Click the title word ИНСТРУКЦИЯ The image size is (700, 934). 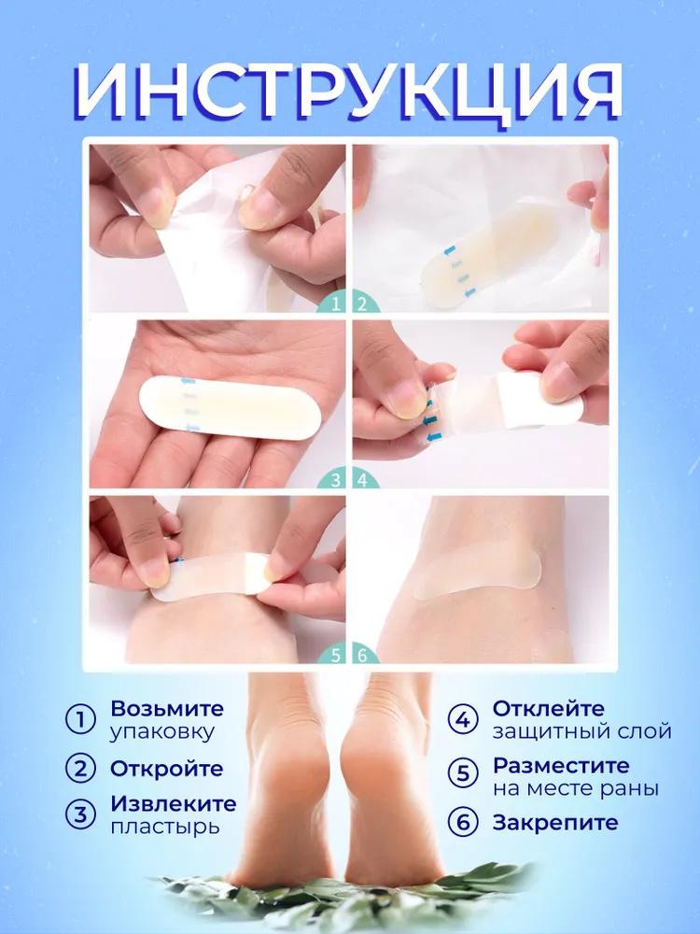349,93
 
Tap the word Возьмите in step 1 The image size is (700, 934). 167,707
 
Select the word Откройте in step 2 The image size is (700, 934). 167,769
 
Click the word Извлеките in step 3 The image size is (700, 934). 173,803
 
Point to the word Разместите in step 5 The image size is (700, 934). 562,765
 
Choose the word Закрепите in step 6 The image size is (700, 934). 555,822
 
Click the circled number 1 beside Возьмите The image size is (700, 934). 81,719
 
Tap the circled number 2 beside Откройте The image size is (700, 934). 81,769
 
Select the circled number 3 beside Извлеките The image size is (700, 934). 81,814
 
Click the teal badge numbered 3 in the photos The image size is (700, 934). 335,481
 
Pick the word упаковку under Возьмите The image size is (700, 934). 162,731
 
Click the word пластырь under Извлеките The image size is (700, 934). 165,827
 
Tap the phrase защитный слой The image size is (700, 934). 581,731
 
